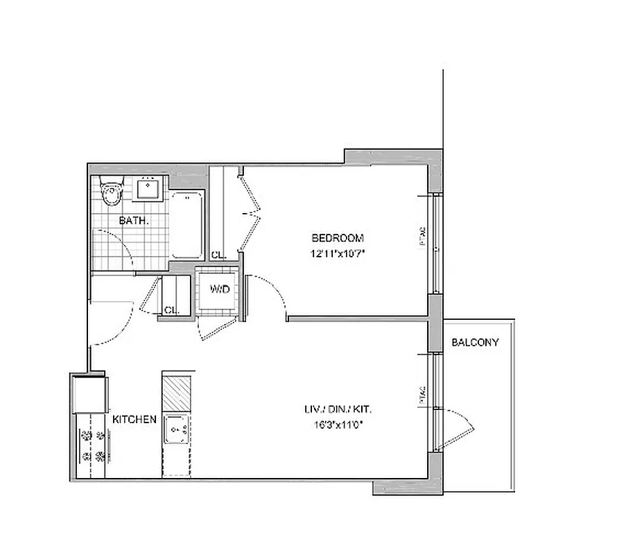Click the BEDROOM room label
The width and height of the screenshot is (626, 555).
[337, 237]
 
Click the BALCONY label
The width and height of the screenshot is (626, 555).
[475, 342]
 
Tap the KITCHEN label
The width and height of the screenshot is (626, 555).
[134, 420]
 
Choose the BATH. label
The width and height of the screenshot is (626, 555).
[133, 221]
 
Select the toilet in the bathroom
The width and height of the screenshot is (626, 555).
[111, 194]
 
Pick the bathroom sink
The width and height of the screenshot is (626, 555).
[148, 187]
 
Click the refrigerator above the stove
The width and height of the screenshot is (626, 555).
[90, 393]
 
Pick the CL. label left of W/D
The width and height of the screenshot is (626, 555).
[171, 310]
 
